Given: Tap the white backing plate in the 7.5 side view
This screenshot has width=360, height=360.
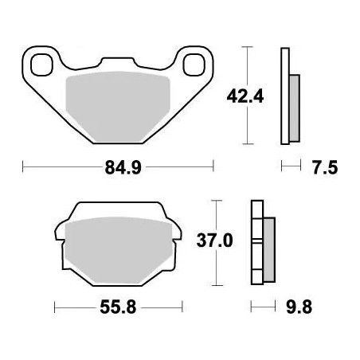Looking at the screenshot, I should coord(283,96).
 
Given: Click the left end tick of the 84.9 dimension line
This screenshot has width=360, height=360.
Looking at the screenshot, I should coord(23,167).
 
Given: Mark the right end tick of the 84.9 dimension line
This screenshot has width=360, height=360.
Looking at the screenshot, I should coord(213,167).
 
